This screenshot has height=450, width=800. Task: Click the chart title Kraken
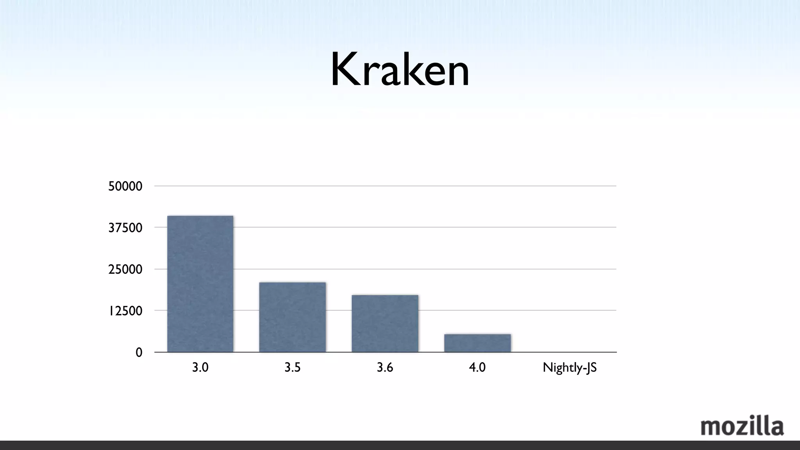(400, 70)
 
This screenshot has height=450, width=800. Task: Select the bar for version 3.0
(200, 284)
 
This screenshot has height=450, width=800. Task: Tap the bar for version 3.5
(292, 317)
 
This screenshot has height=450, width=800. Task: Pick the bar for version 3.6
(385, 323)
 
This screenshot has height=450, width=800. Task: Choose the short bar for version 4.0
(477, 343)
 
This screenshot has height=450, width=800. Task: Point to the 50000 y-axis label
(125, 186)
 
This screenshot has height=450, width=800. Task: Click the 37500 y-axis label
(125, 228)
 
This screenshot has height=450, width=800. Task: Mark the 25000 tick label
(125, 269)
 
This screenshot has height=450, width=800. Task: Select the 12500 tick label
(125, 311)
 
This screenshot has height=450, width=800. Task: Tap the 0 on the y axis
(139, 352)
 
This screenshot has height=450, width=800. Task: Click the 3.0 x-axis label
(200, 368)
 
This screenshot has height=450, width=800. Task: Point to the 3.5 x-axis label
(292, 368)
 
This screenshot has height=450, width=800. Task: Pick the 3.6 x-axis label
(385, 368)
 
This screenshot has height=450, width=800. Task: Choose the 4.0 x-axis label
(477, 368)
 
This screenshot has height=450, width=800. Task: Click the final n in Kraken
(457, 74)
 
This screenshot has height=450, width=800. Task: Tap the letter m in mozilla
(711, 428)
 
